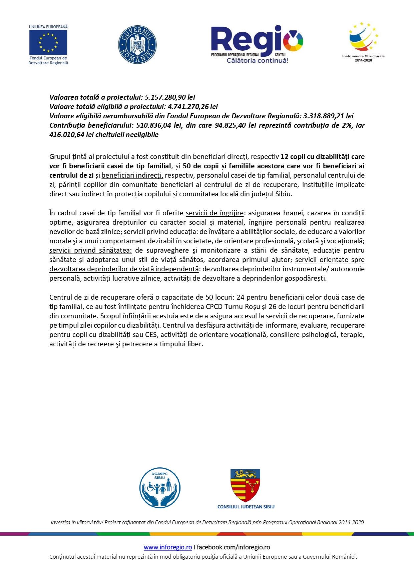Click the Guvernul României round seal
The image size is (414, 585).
click(137, 45)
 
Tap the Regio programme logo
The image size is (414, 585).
click(257, 44)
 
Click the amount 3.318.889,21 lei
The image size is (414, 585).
click(328, 116)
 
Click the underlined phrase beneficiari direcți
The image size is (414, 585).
click(221, 157)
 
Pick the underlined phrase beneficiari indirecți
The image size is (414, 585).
click(132, 175)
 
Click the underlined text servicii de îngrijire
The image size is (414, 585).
click(215, 213)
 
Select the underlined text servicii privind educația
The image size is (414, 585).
click(160, 232)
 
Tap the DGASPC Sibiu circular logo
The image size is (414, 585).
click(160, 487)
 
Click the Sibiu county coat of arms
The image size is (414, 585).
click(246, 485)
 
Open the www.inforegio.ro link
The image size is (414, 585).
click(168, 547)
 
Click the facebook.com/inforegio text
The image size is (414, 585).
click(233, 547)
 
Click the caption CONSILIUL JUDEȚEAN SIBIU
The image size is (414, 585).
click(246, 507)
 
